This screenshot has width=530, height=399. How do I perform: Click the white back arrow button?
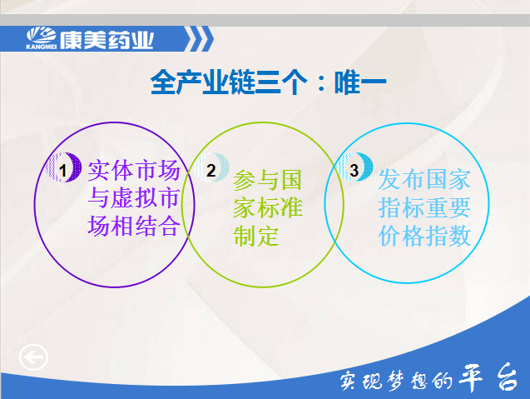coord(33,357)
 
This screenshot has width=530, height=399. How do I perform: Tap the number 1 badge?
coord(63,167)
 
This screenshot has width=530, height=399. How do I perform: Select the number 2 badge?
coord(211,167)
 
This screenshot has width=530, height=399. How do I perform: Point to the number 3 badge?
coord(354,167)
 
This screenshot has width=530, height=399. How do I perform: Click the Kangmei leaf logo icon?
coord(42,38)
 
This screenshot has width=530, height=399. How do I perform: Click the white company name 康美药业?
coord(106,40)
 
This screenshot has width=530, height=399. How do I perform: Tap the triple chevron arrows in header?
coord(200,39)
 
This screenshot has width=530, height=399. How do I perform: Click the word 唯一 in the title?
coord(360,82)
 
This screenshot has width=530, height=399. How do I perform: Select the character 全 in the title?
coord(163,82)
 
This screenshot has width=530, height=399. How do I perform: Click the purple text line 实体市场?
coord(134,171)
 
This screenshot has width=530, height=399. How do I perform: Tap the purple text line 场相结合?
coord(134,226)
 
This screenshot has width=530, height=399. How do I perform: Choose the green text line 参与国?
coord(267,180)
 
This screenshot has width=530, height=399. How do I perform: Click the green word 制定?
coord(256,236)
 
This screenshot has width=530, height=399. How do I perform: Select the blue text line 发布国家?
coord(424,179)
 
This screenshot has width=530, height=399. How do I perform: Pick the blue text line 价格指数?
coord(424,236)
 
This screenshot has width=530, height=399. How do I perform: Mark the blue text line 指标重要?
coord(424,207)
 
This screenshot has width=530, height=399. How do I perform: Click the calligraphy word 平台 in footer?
coord(488,377)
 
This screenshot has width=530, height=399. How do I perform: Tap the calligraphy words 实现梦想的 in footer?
coord(396,381)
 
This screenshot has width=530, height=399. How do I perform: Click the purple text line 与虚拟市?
coord(134,198)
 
